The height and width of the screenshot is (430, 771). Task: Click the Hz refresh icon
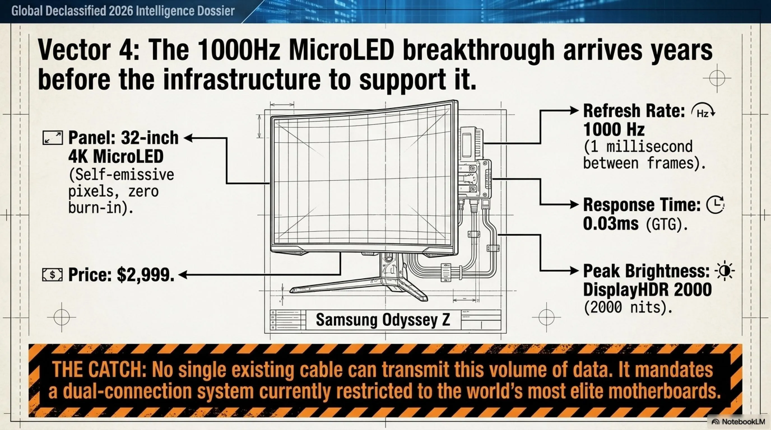tap(703, 112)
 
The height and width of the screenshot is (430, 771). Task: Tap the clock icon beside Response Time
tap(715, 205)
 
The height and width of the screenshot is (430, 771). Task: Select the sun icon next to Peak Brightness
tap(724, 272)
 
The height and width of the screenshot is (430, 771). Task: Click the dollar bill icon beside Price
tap(52, 275)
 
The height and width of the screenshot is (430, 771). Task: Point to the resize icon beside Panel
tap(53, 138)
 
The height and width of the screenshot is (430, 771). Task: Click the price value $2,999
tap(146, 275)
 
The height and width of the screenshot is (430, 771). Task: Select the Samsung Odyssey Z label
tap(383, 320)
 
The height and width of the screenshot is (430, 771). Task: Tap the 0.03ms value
tap(610, 224)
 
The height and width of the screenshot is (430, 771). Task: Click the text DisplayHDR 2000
tap(647, 289)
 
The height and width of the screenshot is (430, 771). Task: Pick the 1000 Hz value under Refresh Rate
tap(614, 130)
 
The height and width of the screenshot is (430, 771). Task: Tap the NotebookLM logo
tap(739, 422)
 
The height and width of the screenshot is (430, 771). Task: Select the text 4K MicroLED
tap(116, 156)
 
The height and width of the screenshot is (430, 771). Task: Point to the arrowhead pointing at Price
tap(183, 275)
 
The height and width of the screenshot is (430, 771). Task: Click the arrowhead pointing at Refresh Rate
tap(574, 111)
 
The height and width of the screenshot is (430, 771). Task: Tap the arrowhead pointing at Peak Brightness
tap(574, 271)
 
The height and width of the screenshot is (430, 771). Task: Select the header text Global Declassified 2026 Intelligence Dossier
tap(123, 11)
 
